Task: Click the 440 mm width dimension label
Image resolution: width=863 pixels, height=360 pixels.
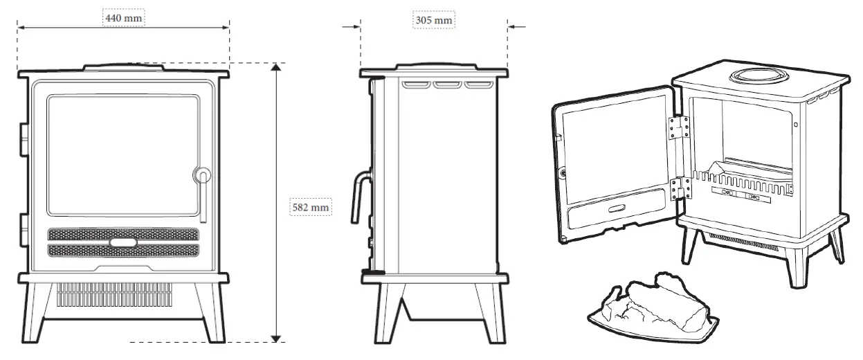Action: tap(124, 17)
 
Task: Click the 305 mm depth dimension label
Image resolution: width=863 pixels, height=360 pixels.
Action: tap(434, 20)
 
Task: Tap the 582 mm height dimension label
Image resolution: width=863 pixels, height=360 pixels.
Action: tap(309, 206)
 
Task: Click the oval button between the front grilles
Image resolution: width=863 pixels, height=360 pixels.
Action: tap(122, 242)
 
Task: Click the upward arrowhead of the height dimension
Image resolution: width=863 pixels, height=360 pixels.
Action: tap(276, 68)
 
